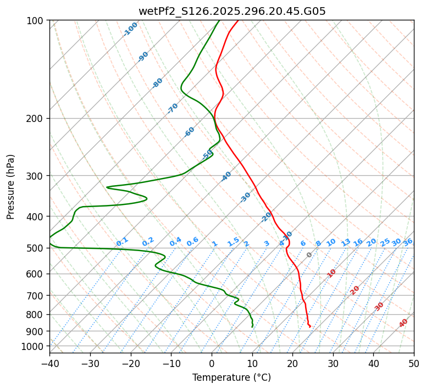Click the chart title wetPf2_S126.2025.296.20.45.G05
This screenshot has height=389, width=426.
pos(231,11)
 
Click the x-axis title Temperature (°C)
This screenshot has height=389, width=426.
pos(231,378)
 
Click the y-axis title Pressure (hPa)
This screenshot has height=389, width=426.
pos(10,187)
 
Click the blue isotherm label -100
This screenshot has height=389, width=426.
pos(130,29)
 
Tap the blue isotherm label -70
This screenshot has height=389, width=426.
pos(173,108)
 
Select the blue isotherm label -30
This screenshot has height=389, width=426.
pos(245,197)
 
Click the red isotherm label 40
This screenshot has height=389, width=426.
pos(403,323)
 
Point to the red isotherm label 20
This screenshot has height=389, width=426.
pos(355,290)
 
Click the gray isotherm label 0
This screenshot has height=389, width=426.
pos(309,255)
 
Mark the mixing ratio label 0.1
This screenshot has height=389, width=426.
pos(122,241)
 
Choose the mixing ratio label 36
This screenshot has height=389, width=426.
pos(408,242)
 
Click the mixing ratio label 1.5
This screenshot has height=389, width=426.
pos(233,241)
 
